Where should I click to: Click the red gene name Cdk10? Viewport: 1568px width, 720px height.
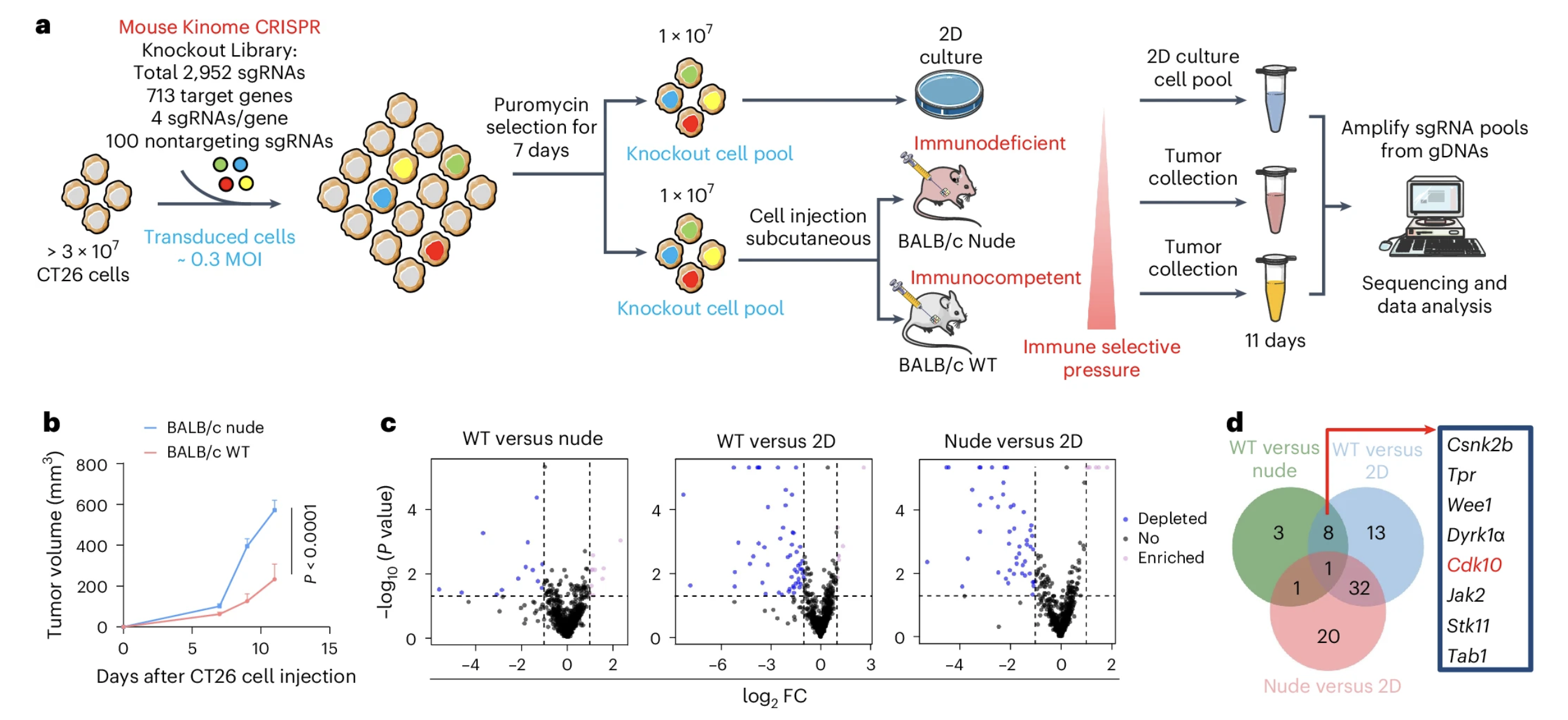coord(1474,565)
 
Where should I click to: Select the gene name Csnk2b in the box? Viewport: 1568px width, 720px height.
coord(1479,445)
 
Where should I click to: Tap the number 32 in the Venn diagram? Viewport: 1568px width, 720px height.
coord(1359,588)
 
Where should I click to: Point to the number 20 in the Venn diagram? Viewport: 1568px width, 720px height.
coord(1328,637)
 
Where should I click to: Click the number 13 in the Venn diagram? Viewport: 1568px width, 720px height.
coord(1375,533)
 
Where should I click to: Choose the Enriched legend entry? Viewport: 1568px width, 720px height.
coord(1170,557)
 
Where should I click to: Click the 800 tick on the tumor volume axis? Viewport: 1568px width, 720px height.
coord(91,466)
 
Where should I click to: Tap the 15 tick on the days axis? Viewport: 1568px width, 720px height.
coord(329,649)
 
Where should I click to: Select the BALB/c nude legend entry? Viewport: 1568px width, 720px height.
coord(215,428)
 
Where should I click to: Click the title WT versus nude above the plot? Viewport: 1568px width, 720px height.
coord(533,439)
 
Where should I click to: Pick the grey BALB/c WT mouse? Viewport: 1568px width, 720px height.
coord(935,319)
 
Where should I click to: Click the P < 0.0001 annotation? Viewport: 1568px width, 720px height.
coord(310,543)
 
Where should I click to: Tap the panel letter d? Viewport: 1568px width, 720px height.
coord(1235,423)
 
